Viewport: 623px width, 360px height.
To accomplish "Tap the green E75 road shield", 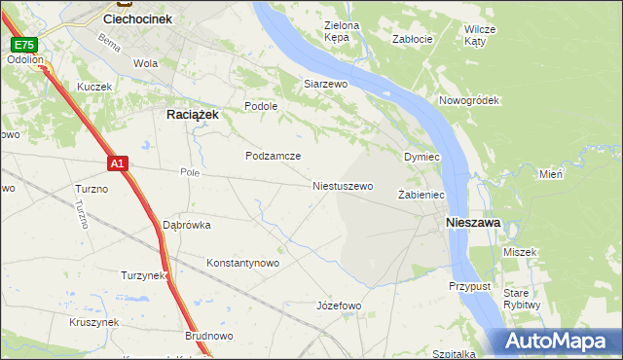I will [x=24, y=45].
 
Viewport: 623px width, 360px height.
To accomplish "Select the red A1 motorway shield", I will [x=117, y=164].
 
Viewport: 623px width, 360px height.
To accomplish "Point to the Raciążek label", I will [x=187, y=114].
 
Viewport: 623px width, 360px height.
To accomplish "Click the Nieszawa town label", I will [x=473, y=223].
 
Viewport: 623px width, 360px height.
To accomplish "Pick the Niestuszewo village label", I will [x=343, y=186].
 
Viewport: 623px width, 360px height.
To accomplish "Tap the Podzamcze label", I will [x=273, y=156].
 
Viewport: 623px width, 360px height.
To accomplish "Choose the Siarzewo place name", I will [x=326, y=84].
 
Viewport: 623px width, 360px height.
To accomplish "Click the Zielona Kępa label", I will [x=342, y=32].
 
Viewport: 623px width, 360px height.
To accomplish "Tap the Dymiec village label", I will [x=422, y=157].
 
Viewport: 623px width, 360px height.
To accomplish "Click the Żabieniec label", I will [x=421, y=196].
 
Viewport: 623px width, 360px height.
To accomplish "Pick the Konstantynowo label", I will [x=243, y=263].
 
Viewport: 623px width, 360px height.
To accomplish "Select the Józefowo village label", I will [x=339, y=306].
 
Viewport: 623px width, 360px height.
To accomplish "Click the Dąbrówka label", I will [x=186, y=225].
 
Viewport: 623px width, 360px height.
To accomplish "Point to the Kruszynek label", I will [x=93, y=322].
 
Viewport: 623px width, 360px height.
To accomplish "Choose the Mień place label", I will [x=551, y=174].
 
